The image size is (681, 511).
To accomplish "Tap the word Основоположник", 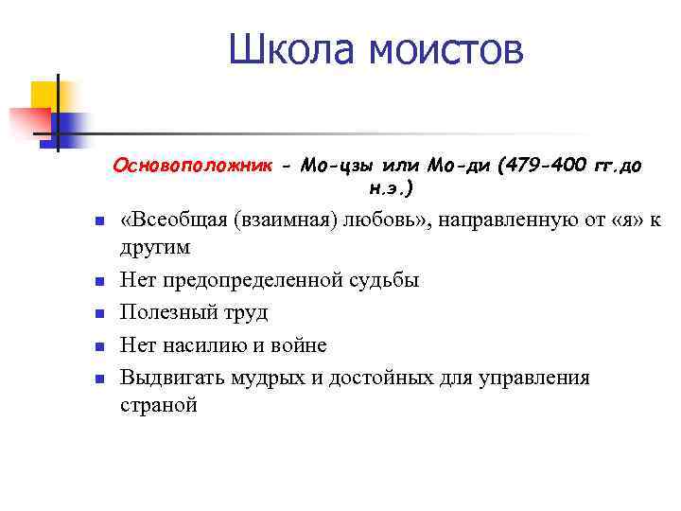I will [x=192, y=166].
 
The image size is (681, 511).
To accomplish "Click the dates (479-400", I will [x=539, y=166].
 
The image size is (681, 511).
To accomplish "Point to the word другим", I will [x=155, y=247].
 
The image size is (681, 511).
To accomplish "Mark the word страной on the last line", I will [x=159, y=404].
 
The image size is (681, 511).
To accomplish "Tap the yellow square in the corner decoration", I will [x=44, y=95].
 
